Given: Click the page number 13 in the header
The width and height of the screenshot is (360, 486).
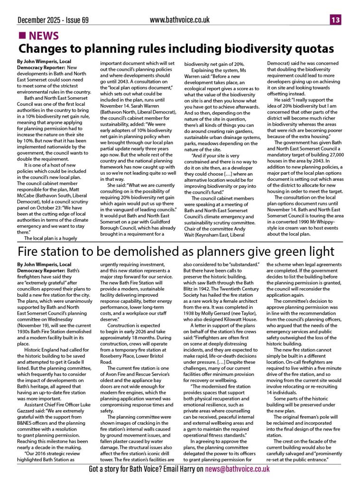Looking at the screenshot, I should [x=336, y=20].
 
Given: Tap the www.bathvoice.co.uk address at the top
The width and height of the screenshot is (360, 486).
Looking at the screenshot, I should [x=179, y=20].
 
